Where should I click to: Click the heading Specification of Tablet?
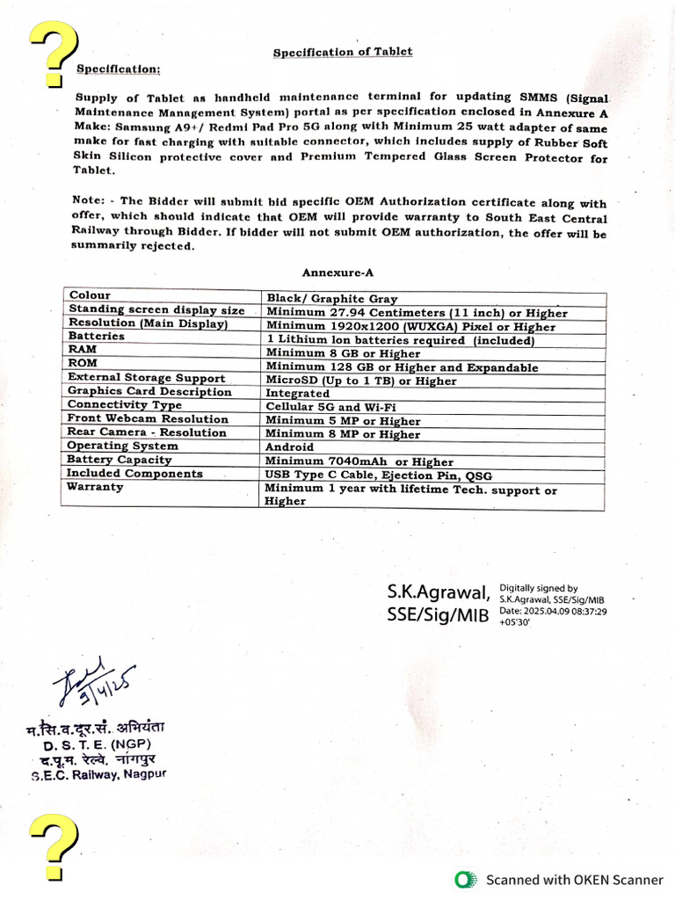[342, 53]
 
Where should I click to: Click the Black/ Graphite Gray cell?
[331, 299]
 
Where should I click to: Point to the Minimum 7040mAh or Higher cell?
[359, 461]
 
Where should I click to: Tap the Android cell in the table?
[291, 447]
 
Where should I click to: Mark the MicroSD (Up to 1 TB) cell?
[361, 381]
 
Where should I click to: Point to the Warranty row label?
[95, 486]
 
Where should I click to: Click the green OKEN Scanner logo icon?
[466, 879]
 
